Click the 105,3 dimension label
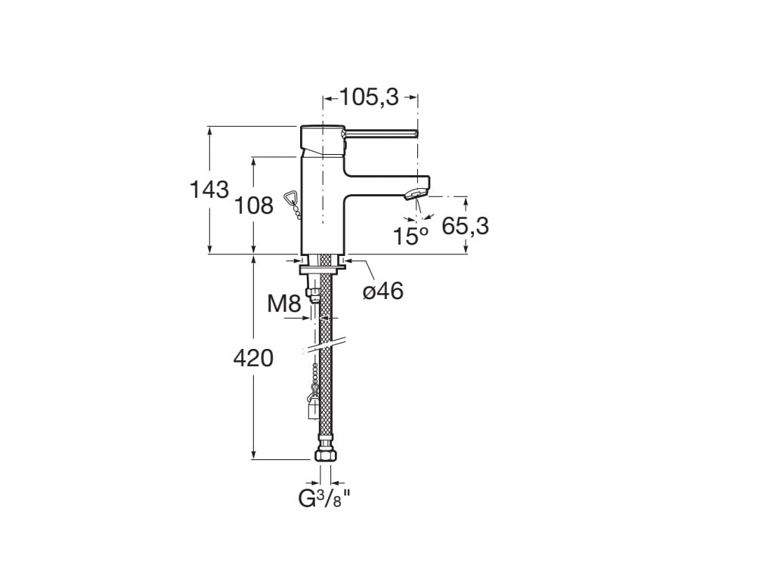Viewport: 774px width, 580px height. (369, 97)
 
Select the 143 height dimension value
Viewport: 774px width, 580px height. (209, 190)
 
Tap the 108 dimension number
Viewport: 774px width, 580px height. (255, 204)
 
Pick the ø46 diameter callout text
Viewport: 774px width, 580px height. (382, 291)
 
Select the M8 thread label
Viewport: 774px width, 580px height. (284, 304)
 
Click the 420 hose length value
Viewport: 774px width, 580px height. (252, 358)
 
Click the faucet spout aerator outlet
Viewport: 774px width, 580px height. (413, 196)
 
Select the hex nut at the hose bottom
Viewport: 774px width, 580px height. (326, 455)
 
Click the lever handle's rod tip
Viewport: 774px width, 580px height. (416, 134)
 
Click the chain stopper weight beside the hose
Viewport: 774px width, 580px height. (311, 409)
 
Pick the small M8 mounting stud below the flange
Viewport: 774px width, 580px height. (309, 292)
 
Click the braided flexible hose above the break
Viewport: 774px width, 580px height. (326, 302)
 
